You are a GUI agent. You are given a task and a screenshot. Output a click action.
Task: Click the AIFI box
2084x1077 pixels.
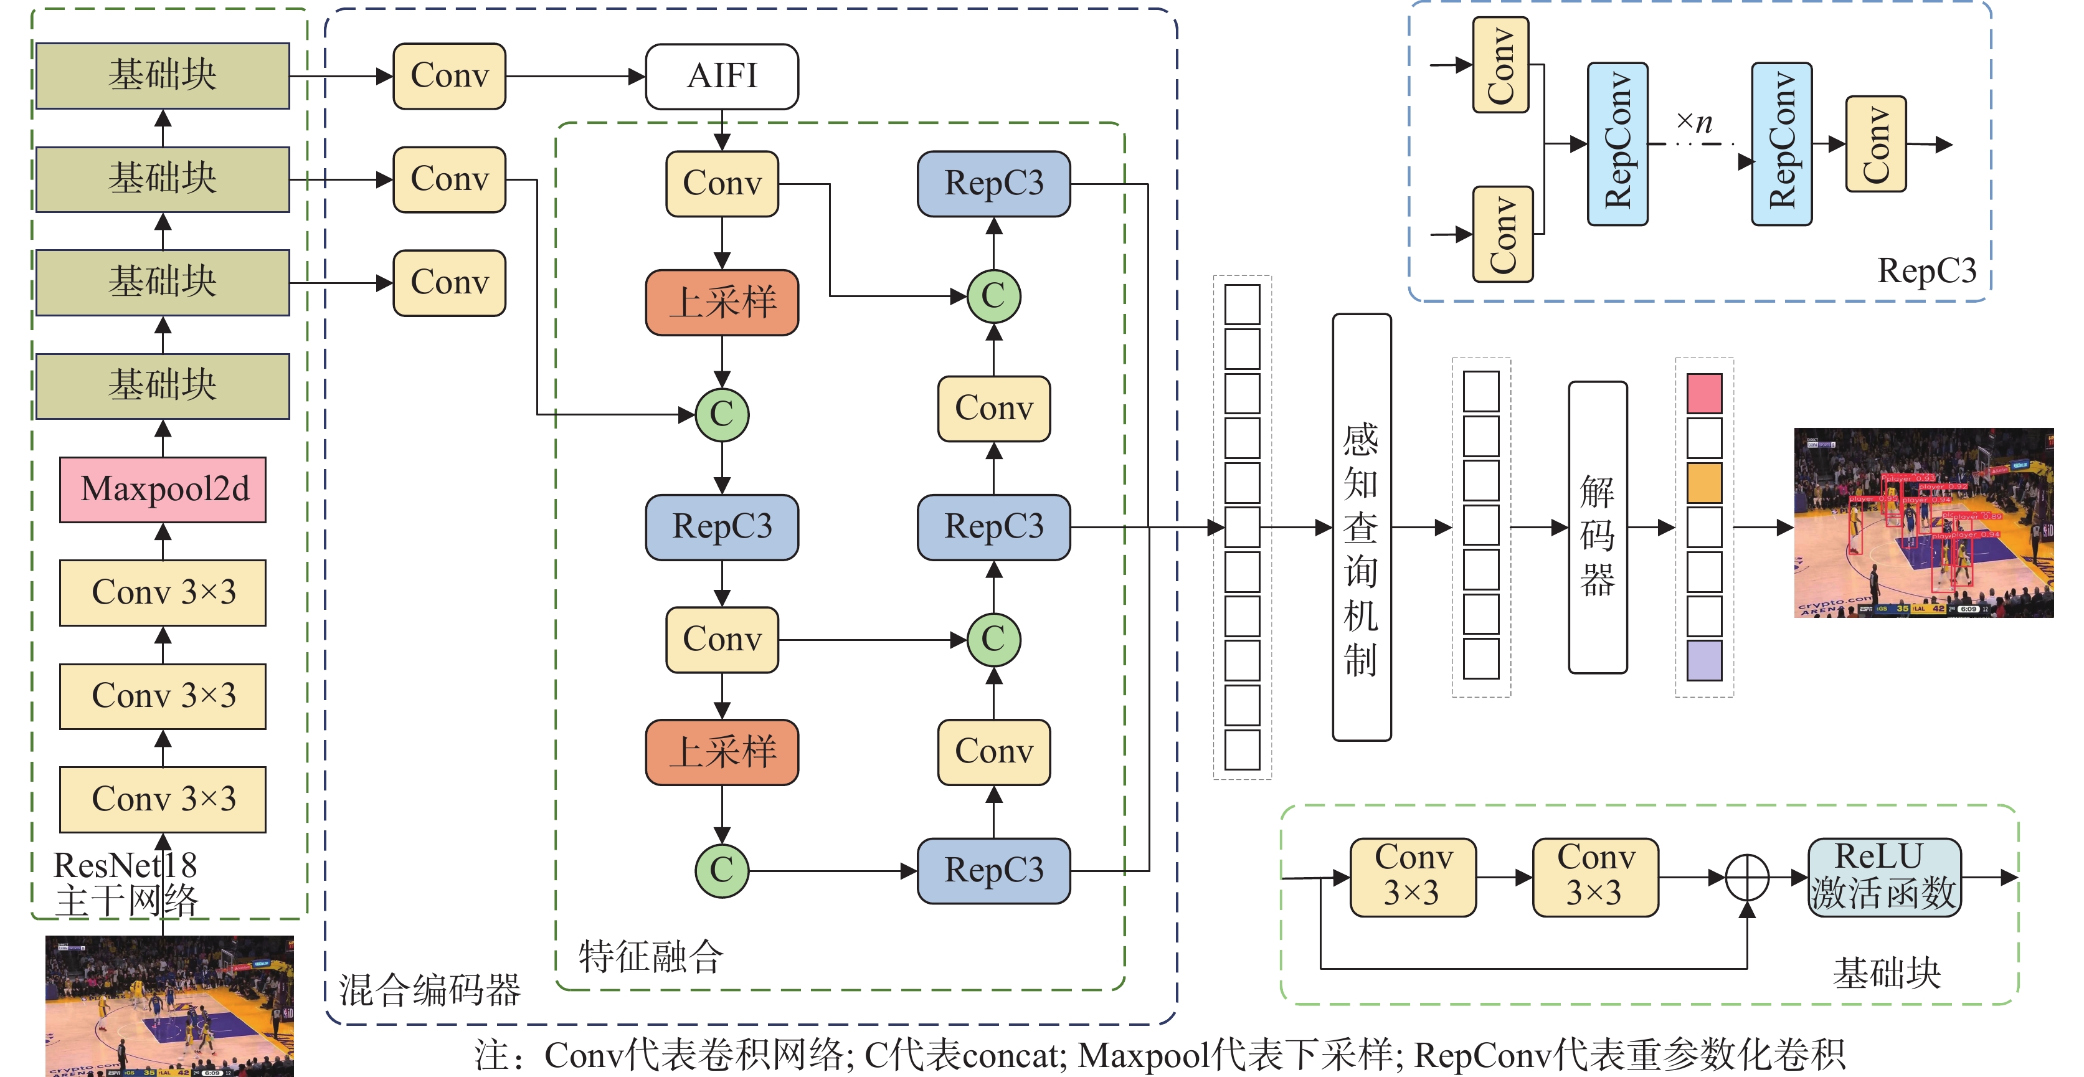coord(722,77)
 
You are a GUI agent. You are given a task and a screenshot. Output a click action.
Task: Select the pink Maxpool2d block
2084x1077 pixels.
coord(163,490)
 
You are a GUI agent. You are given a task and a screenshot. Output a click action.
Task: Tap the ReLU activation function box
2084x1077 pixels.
coord(1884,877)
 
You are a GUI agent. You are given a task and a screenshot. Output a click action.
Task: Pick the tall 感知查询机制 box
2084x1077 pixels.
coord(1362,528)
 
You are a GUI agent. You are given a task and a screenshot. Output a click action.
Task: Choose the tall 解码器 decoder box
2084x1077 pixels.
coord(1598,528)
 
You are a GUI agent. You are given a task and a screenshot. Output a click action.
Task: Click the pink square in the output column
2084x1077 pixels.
coord(1704,393)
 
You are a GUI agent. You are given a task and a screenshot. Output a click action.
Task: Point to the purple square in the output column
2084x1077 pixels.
coord(1704,660)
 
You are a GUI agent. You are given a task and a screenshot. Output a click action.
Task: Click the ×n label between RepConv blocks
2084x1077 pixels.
coord(1695,123)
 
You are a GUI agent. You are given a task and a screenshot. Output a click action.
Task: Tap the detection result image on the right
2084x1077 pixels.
coord(1923,523)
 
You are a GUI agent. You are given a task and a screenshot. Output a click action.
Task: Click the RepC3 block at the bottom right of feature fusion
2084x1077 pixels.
coord(993,871)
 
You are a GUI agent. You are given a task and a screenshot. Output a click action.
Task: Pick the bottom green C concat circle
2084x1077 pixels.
coord(722,871)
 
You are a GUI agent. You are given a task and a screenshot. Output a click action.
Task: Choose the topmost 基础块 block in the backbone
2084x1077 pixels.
coord(163,76)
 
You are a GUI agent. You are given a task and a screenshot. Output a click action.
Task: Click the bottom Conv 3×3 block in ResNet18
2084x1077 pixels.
coord(163,799)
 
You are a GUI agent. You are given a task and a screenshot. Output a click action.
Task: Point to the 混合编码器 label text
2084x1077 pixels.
coord(429,990)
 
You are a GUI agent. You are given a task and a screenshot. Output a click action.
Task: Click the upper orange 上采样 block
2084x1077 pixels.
coord(722,303)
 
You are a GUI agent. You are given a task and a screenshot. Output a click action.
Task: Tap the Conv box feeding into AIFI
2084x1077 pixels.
coord(449,77)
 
